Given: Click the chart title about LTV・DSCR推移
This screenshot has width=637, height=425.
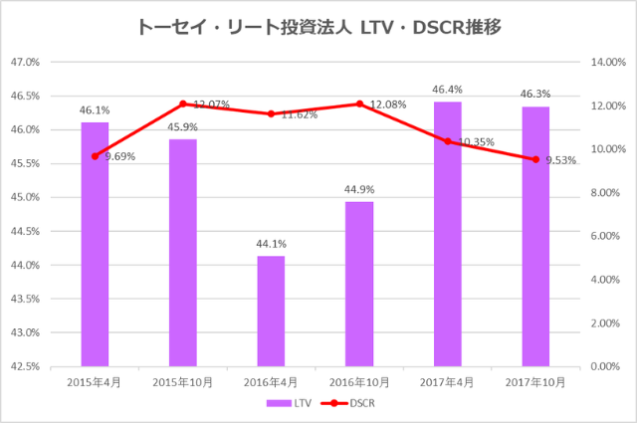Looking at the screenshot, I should pos(318,27).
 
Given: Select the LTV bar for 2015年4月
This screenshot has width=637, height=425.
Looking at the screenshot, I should pos(95,244).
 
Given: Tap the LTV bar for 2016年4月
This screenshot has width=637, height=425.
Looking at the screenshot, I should pos(271,311).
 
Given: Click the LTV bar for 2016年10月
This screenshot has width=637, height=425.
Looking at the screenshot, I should pos(358,284).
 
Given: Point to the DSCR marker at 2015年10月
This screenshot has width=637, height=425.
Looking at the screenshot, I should pos(183,104).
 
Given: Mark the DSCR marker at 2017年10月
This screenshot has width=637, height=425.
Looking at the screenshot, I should pos(535,159).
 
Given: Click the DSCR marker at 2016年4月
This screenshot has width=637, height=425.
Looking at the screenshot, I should pos(271,113).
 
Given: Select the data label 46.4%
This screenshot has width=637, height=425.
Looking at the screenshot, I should pos(448,90).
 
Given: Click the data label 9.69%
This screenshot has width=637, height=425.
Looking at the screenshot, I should pos(119,156).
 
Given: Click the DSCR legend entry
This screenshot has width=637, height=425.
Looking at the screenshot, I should pos(350,404).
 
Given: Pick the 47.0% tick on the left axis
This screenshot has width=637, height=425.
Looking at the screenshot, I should pos(25,62).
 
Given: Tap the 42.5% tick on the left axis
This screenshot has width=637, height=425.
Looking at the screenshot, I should pos(25,366).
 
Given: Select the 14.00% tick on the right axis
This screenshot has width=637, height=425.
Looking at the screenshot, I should pos(606,62).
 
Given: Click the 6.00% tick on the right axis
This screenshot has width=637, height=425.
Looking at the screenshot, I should pos(604,236).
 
